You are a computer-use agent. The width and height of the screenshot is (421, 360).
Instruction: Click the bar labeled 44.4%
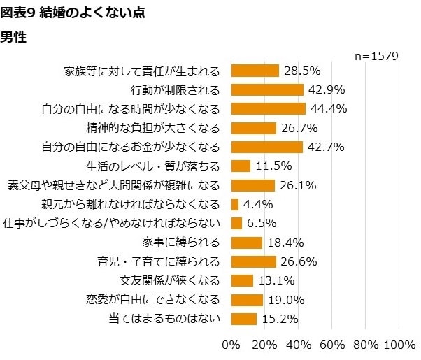(268, 108)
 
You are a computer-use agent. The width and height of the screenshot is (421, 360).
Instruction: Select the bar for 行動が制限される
(266, 89)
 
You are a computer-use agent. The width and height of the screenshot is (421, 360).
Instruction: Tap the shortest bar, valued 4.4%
(234, 204)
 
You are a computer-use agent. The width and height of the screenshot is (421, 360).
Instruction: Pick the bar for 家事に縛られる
(246, 243)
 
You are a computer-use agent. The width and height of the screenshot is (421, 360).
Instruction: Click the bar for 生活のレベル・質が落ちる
(240, 166)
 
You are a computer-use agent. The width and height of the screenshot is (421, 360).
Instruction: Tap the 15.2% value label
(280, 319)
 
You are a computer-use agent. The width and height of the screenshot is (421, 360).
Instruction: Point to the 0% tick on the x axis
(230, 345)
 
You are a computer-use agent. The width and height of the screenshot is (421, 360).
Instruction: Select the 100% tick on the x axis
(400, 345)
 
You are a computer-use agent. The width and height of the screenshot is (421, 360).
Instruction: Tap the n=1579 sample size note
(376, 55)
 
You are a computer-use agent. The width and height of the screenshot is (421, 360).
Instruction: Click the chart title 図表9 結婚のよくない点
(73, 13)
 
